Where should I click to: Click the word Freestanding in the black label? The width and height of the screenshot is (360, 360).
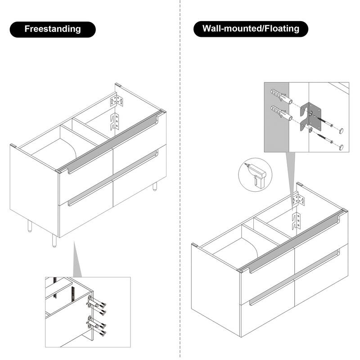(x=53, y=29)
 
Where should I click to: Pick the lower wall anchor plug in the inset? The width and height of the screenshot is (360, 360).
(x=281, y=113)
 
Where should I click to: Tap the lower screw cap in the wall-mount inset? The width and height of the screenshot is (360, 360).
(x=342, y=147)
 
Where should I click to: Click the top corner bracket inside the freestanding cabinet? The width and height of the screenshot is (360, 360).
(x=117, y=100)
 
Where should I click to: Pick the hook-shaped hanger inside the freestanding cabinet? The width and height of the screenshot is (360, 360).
(x=115, y=122)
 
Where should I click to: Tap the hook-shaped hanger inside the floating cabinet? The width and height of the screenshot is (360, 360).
(x=296, y=221)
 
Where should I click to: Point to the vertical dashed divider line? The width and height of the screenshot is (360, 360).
(x=180, y=180)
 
